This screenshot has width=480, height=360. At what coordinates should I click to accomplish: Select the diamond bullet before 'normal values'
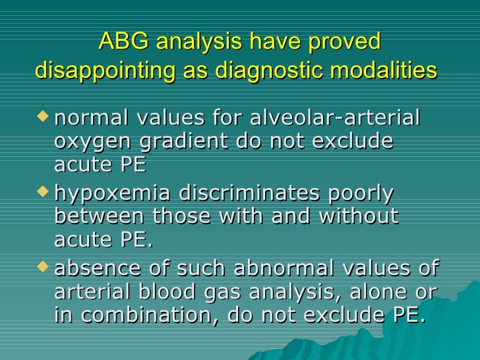click(44, 117)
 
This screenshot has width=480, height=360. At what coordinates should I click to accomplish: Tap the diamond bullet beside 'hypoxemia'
click(44, 192)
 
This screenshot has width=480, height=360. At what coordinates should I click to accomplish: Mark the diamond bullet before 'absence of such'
click(44, 267)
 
